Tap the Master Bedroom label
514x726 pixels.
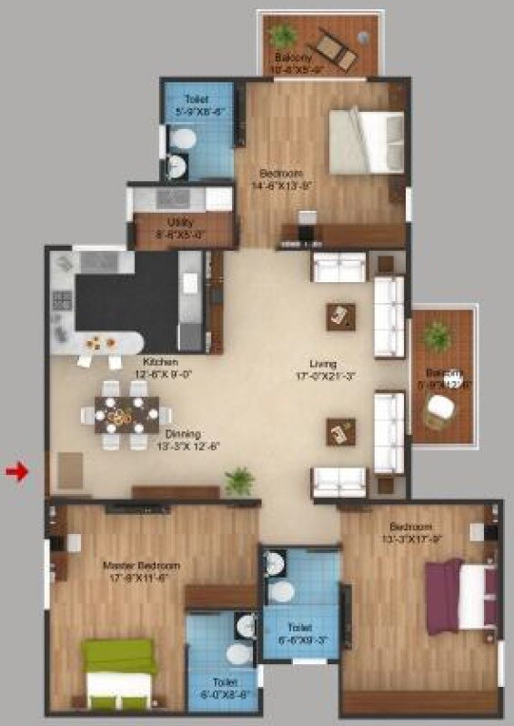[x=140, y=566]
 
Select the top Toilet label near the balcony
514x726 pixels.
[x=196, y=98]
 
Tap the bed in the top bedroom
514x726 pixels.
[x=364, y=140]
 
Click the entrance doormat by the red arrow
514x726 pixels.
[x=72, y=469]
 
